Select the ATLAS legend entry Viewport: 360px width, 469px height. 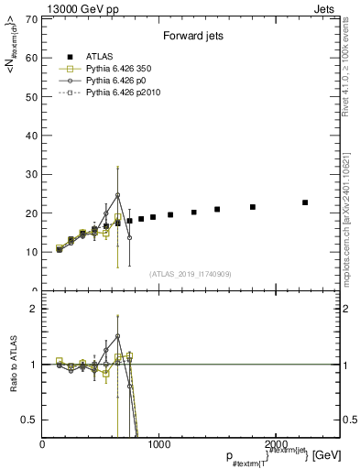coord(101,57)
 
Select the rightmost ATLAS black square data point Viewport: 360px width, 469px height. coord(305,202)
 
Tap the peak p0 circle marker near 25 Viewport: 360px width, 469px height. coord(118,195)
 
